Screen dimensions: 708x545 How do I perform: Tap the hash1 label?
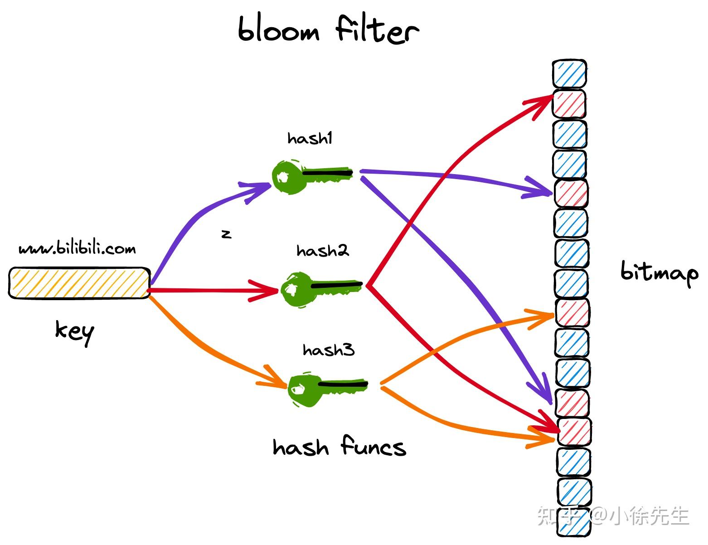coord(310,138)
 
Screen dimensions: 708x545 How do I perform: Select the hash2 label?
coord(323,251)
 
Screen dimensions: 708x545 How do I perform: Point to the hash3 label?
coord(329,350)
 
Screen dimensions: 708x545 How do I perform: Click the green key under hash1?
coord(312,177)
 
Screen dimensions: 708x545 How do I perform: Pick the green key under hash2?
coord(321,289)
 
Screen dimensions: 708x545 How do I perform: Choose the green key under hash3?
coord(328,389)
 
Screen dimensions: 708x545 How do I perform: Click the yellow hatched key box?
coord(79,283)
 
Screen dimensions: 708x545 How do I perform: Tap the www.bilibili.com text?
coord(77,248)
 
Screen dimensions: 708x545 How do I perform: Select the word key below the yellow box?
coord(75,332)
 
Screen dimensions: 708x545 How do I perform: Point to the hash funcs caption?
coord(339,446)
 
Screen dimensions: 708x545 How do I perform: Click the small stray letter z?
coord(226,234)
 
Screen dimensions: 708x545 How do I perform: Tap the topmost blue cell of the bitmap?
coord(570,73)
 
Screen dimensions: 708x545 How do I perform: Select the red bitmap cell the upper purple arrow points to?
coord(571,193)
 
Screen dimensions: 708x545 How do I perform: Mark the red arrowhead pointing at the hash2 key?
coord(264,291)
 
